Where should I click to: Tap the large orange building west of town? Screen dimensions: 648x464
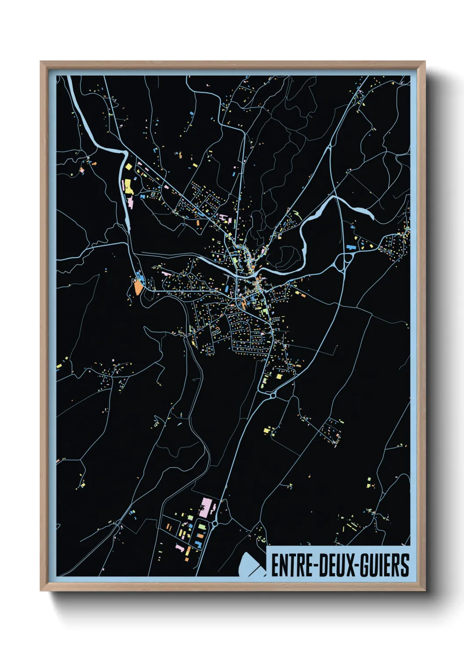tap(138, 287)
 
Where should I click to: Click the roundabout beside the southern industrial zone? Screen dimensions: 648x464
tap(215, 523)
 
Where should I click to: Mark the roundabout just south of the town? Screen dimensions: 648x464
tap(273, 395)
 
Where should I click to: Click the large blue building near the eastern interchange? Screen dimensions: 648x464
tap(350, 247)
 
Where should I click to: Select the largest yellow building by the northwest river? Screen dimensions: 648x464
tap(128, 186)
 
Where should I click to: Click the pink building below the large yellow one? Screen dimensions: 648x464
tap(130, 202)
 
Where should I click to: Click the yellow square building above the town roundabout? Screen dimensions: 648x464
tap(279, 376)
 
